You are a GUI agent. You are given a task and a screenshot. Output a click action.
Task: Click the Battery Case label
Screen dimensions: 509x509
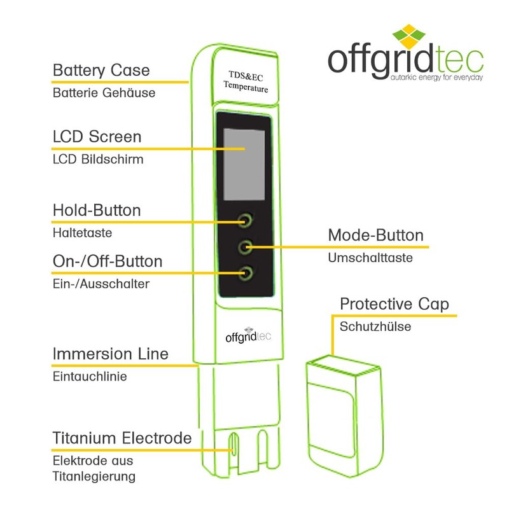[x=101, y=69]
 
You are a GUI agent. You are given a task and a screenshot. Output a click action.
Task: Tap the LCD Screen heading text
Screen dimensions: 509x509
[x=97, y=137]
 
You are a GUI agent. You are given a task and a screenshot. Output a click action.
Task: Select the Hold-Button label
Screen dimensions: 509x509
[x=97, y=210]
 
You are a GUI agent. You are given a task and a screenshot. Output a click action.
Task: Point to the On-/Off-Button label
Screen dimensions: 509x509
[x=108, y=261]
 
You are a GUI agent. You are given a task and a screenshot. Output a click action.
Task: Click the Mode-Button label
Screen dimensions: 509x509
[x=375, y=235]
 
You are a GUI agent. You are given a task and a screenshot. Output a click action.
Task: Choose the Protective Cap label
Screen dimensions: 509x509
[x=394, y=303]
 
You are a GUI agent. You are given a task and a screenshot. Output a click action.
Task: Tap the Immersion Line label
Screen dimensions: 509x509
[x=111, y=354]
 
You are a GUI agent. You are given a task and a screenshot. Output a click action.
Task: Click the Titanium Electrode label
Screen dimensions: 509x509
[x=122, y=438]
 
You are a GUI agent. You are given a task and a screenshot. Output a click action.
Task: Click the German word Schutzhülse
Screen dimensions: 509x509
[x=375, y=327]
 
